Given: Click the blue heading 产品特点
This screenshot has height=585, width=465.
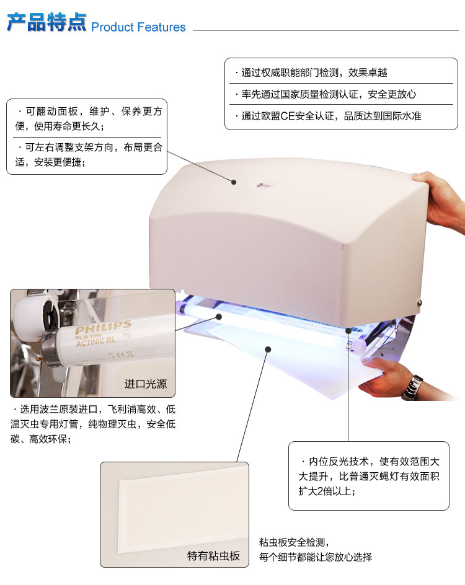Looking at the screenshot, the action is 46,22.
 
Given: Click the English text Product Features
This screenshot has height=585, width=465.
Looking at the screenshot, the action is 138,27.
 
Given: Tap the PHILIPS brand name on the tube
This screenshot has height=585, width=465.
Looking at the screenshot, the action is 104,327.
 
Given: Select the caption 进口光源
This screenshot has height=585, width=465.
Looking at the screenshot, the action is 146,384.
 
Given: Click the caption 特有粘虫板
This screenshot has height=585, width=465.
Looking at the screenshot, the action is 213,555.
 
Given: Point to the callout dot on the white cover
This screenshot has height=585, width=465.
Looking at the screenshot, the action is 234,182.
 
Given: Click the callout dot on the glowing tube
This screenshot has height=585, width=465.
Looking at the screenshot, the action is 219,317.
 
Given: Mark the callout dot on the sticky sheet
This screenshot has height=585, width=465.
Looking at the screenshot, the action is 268,350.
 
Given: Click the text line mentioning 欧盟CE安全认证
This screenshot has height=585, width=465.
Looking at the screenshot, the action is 328,116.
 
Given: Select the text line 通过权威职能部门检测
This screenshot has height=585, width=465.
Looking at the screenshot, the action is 311,73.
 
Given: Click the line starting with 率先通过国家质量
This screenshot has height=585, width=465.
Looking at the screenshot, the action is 325,94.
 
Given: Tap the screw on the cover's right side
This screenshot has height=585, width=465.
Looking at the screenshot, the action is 420,302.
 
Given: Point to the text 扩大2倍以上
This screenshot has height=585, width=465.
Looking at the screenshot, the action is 327,491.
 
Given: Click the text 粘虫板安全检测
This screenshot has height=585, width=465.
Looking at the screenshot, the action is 294,542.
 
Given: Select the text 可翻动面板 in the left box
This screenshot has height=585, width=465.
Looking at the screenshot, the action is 51,111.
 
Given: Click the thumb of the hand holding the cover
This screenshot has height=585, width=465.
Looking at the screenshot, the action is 421,177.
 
